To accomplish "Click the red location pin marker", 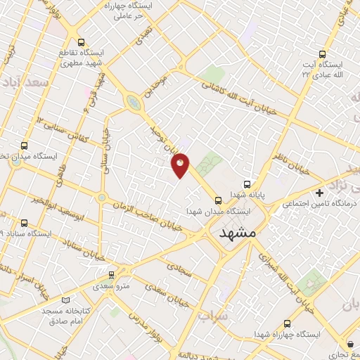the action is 181,165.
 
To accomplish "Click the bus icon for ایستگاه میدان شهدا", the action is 218,199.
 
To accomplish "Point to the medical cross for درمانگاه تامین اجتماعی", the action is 320,192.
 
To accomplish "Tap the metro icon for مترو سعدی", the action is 110,276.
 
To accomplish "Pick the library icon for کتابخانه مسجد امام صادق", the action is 66,299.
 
